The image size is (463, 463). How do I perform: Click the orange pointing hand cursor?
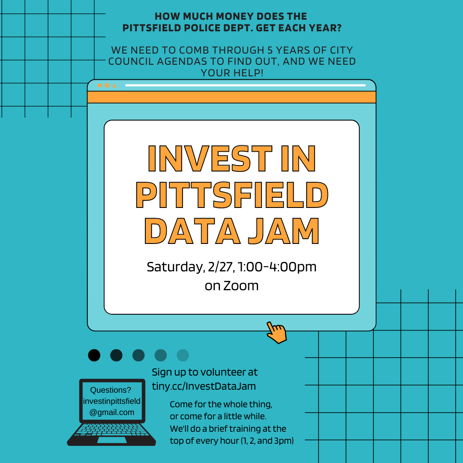[277, 333]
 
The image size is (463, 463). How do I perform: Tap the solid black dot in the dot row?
[94, 355]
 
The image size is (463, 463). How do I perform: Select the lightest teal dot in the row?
[183, 355]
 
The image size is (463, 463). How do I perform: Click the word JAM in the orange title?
[284, 231]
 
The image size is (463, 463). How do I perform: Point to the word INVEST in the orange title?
[210, 159]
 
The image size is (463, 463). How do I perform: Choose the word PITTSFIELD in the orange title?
[232, 195]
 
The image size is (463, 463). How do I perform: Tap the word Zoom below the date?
[241, 286]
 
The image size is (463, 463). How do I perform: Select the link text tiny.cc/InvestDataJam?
[204, 386]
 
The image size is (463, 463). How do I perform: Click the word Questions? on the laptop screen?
[111, 390]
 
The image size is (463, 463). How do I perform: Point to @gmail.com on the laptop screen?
[111, 412]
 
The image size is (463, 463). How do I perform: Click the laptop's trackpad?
[112, 440]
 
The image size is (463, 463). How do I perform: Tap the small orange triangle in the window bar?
[114, 86]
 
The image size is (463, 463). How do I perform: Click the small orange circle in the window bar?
[99, 86]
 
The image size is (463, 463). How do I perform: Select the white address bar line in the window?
[245, 85]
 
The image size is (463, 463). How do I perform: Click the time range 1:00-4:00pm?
[277, 267]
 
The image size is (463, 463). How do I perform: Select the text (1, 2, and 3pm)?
[267, 441]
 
